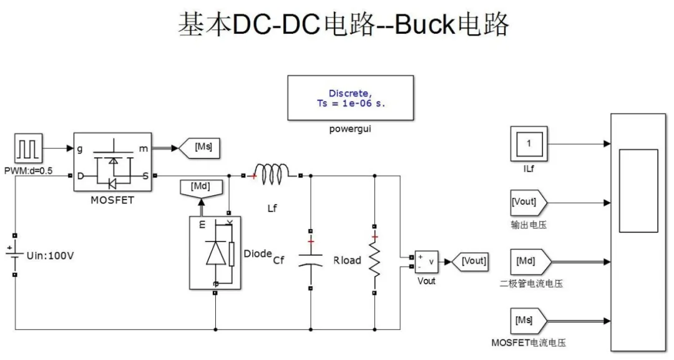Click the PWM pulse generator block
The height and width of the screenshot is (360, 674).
[x=27, y=149]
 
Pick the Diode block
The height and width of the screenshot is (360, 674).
[x=215, y=253]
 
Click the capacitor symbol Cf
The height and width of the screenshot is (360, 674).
[x=310, y=259]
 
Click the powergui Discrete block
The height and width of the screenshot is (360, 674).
[x=349, y=97]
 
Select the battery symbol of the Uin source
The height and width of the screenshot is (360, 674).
[x=14, y=255]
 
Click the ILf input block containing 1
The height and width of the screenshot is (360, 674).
[x=529, y=144]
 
